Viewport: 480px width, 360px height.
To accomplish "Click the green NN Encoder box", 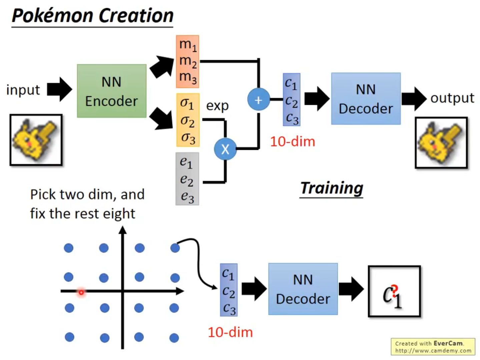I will [111, 91].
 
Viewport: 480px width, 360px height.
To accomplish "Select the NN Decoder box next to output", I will [366, 99].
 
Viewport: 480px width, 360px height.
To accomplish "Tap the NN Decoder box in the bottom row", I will [303, 289].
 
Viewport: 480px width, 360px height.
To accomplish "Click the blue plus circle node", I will [259, 100].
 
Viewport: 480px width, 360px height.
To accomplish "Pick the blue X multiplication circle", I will [225, 149].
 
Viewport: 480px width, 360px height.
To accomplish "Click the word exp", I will [217, 106].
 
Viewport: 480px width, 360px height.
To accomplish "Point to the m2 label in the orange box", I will [188, 61].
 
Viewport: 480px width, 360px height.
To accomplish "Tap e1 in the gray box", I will [186, 162].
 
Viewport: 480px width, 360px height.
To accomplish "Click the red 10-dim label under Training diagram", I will [293, 142].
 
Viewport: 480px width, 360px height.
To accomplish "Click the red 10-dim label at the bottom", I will [230, 332].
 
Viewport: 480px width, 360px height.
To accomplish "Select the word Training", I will [332, 188].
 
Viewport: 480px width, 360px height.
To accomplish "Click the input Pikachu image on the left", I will [36, 140].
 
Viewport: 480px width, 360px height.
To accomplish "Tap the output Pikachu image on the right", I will [441, 143].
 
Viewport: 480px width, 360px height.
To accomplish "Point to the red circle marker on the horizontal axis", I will [81, 292].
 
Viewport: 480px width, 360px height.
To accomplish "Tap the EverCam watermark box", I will [433, 347].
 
